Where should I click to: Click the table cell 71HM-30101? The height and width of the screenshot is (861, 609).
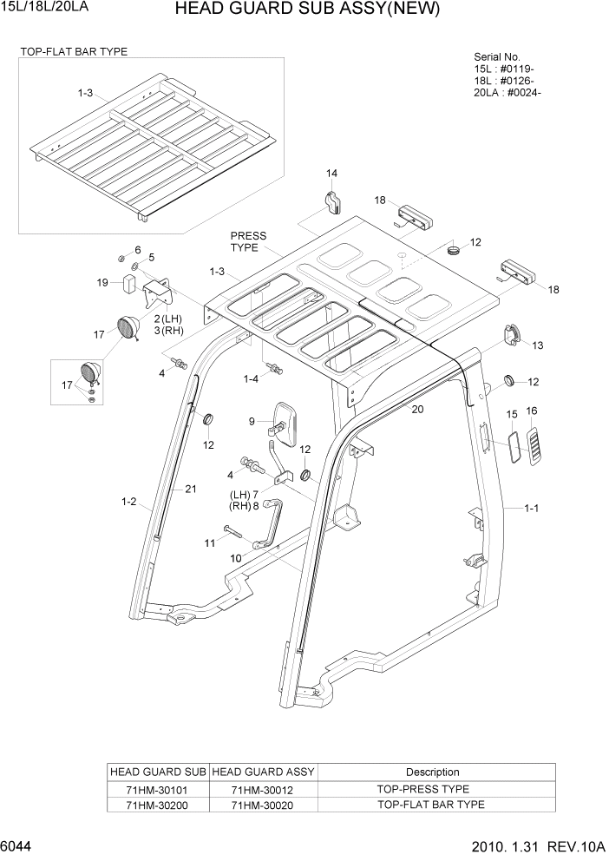157,789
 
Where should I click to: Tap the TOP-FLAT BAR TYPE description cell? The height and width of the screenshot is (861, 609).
430,805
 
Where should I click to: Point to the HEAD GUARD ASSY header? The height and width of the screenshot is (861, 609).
263,772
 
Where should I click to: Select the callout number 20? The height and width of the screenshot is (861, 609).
417,409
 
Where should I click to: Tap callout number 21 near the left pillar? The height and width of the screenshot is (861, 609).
191,489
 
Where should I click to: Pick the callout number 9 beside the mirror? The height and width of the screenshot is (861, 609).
252,422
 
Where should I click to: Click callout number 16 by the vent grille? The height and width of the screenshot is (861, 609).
532,411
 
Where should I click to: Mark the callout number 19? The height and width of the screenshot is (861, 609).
102,282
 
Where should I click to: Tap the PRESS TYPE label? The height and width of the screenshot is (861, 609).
248,241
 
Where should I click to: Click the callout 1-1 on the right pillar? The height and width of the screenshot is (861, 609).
532,509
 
